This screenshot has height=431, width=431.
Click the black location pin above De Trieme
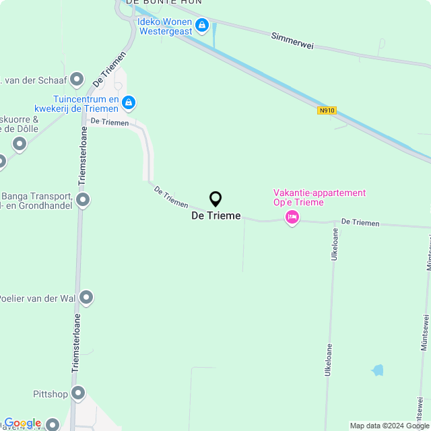tap(215, 199)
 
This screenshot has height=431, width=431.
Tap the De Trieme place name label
tap(215, 215)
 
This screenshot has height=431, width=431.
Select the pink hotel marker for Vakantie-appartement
tap(292, 217)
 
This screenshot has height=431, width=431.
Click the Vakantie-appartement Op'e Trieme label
tap(319, 197)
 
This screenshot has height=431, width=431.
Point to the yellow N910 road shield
tap(327, 110)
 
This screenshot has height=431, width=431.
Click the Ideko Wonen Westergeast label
tap(164, 26)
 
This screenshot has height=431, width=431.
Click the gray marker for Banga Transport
tap(83, 200)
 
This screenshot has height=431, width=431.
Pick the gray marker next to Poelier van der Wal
tap(86, 298)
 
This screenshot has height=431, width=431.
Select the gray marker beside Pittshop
tap(78, 393)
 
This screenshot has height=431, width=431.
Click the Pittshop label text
tap(51, 393)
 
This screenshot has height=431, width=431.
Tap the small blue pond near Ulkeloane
tap(378, 370)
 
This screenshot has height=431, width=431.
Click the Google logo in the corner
tap(22, 423)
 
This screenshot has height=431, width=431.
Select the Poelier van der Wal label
tap(36, 298)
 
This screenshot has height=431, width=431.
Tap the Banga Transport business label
tap(36, 200)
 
